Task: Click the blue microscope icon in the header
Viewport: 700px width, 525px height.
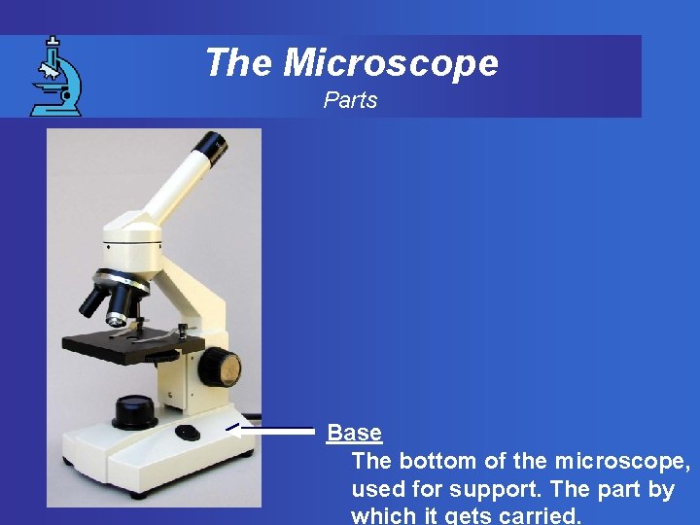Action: click(55, 76)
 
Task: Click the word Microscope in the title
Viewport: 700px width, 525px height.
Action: click(391, 63)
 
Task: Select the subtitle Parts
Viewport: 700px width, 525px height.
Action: click(350, 100)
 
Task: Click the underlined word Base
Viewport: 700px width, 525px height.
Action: click(354, 433)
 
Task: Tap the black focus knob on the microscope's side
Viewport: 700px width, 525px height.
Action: click(221, 367)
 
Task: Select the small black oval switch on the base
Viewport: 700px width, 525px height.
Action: click(188, 432)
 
